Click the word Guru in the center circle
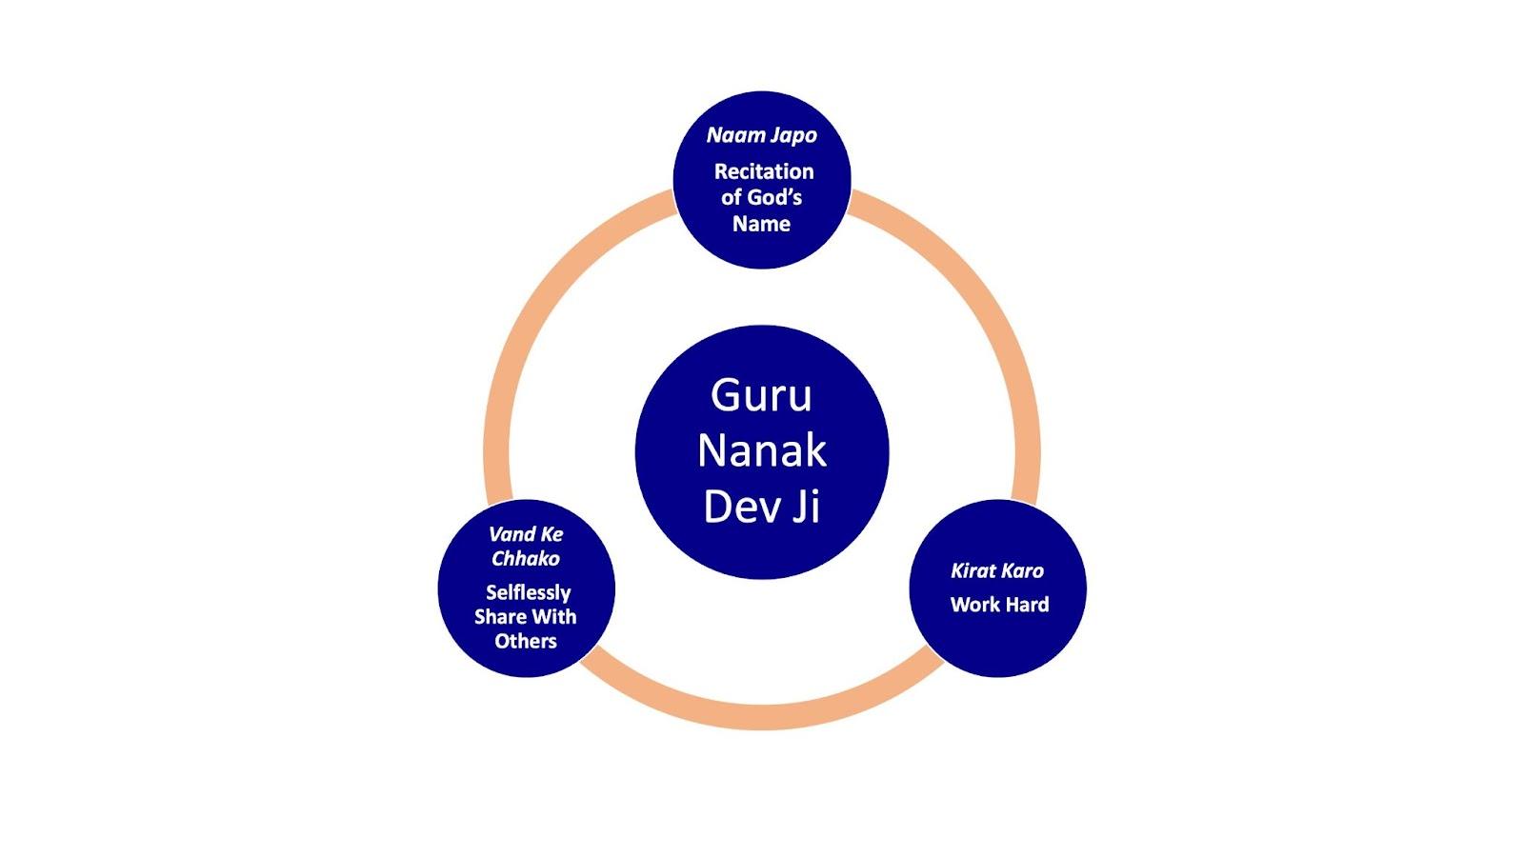(x=761, y=395)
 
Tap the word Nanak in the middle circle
(x=761, y=450)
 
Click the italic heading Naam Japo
(x=761, y=135)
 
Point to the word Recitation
(x=764, y=171)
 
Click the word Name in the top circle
(x=761, y=224)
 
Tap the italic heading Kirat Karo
(x=997, y=571)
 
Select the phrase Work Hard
(x=999, y=605)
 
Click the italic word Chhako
(x=526, y=559)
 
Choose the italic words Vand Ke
(x=526, y=534)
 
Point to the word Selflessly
(x=528, y=592)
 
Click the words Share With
(x=526, y=616)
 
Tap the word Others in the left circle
(x=526, y=641)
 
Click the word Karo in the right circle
(x=1022, y=571)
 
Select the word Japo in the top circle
(x=793, y=135)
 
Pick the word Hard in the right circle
(x=1026, y=605)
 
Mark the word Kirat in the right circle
(x=973, y=571)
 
